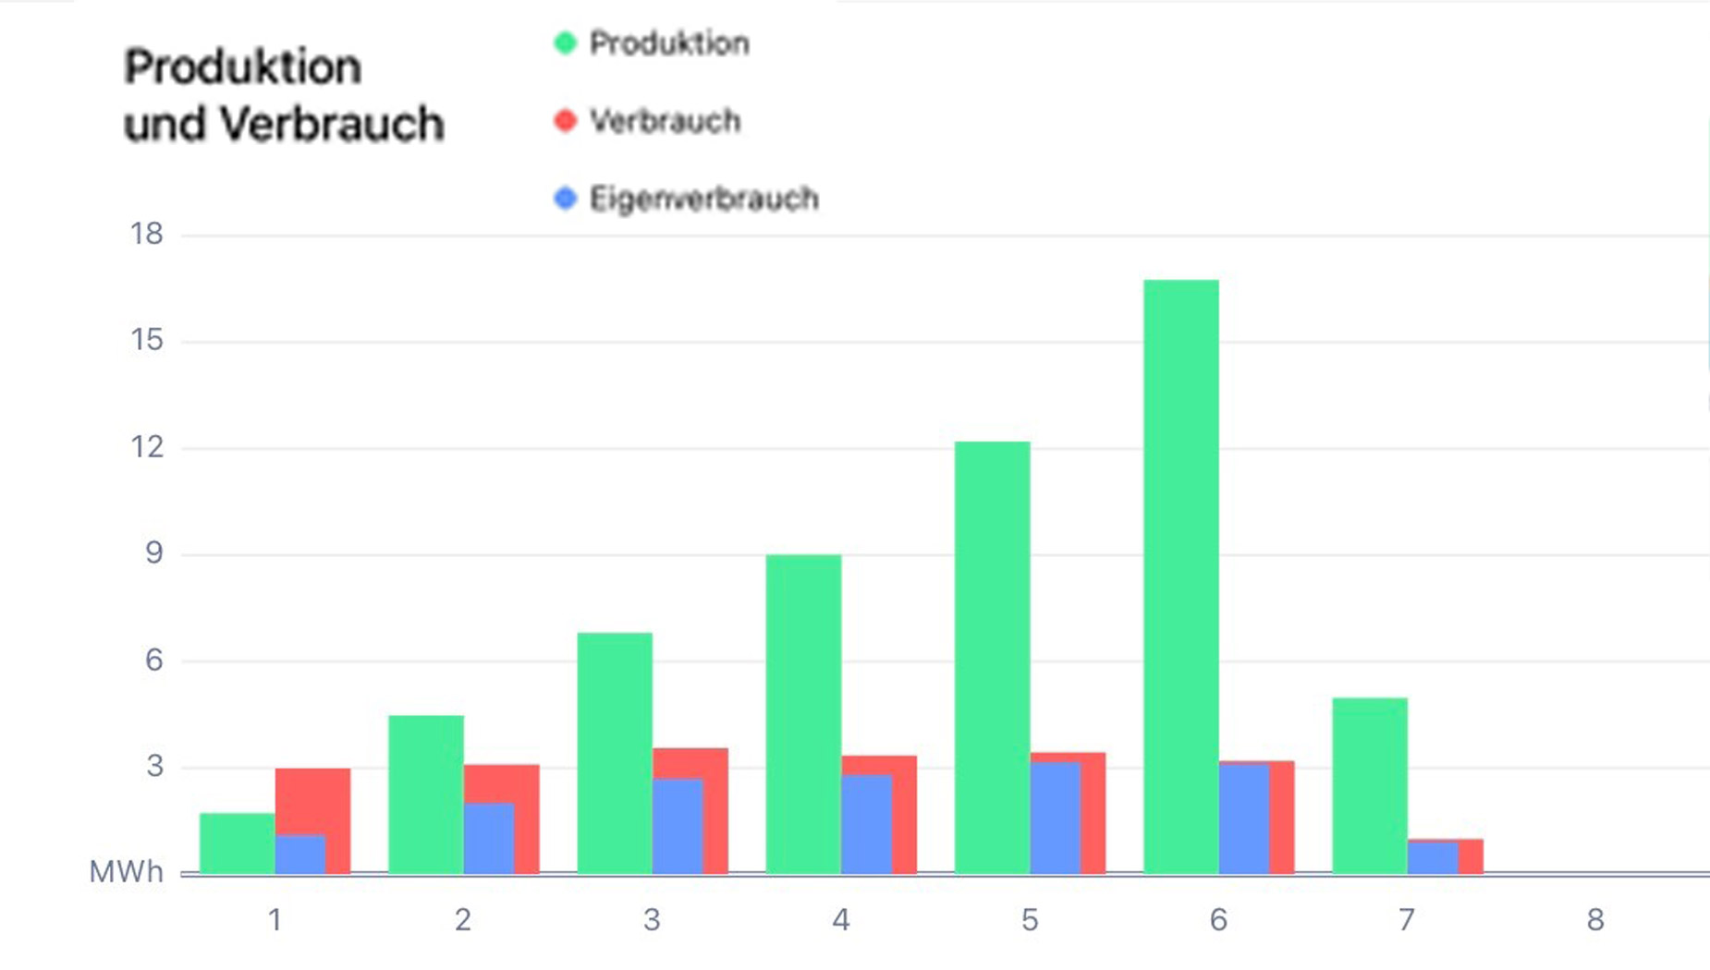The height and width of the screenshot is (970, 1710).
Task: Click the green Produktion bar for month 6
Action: tap(1180, 576)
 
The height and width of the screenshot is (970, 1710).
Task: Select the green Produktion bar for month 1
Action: tap(237, 843)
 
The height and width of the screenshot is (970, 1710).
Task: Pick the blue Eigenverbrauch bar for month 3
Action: tap(678, 826)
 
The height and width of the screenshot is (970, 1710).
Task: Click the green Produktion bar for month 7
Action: tap(1369, 785)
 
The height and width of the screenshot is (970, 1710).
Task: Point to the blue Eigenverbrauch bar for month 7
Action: tap(1433, 857)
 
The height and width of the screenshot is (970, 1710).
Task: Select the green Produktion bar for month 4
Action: tap(803, 714)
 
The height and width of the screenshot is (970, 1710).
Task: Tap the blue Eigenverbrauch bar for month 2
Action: tap(489, 838)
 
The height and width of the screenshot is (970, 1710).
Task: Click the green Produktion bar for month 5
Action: tap(992, 658)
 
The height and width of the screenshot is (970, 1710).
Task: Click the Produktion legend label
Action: tap(669, 43)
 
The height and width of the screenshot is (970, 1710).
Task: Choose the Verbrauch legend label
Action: tap(665, 121)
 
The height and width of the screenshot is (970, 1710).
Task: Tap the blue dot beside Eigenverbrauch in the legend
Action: tap(565, 199)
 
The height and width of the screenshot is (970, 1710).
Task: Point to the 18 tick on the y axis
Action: tap(147, 235)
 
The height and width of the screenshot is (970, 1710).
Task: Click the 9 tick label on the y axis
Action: tap(153, 553)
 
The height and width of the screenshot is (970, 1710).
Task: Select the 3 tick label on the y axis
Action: tap(153, 766)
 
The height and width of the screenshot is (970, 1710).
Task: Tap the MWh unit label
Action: tap(126, 872)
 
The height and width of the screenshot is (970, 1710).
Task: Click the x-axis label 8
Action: tap(1595, 920)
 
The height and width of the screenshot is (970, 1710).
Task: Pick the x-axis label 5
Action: tap(1030, 920)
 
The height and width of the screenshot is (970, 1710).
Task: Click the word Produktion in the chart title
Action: tap(242, 67)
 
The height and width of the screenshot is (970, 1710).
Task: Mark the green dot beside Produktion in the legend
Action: tap(565, 43)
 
